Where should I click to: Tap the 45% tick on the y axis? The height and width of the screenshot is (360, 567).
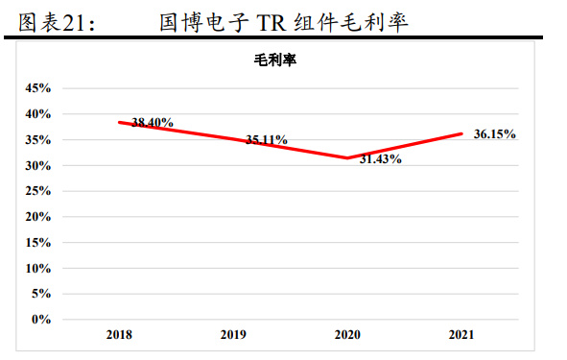point(37,88)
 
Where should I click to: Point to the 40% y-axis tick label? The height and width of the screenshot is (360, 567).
point(37,114)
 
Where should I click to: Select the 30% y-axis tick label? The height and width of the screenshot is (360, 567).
point(37,165)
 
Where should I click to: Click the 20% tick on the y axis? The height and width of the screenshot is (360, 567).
point(37,217)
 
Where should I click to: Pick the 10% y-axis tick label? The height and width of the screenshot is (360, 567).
point(37,268)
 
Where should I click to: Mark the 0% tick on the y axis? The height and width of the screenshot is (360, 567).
point(40,320)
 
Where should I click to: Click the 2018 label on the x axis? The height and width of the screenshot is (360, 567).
point(119,336)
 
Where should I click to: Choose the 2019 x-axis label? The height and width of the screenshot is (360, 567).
point(232,336)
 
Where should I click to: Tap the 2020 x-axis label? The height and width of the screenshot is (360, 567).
point(347,336)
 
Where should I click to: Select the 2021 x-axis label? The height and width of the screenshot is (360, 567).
point(461,336)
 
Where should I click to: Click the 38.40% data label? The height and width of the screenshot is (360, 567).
point(153,122)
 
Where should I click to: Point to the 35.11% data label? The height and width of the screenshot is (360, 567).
point(266,140)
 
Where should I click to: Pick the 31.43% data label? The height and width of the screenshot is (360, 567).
point(380,159)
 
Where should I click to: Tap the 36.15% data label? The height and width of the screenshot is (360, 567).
point(495,134)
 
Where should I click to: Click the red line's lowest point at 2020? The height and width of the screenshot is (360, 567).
point(347,157)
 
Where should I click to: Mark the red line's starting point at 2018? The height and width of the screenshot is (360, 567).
point(119,122)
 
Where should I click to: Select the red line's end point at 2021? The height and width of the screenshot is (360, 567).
point(461,133)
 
